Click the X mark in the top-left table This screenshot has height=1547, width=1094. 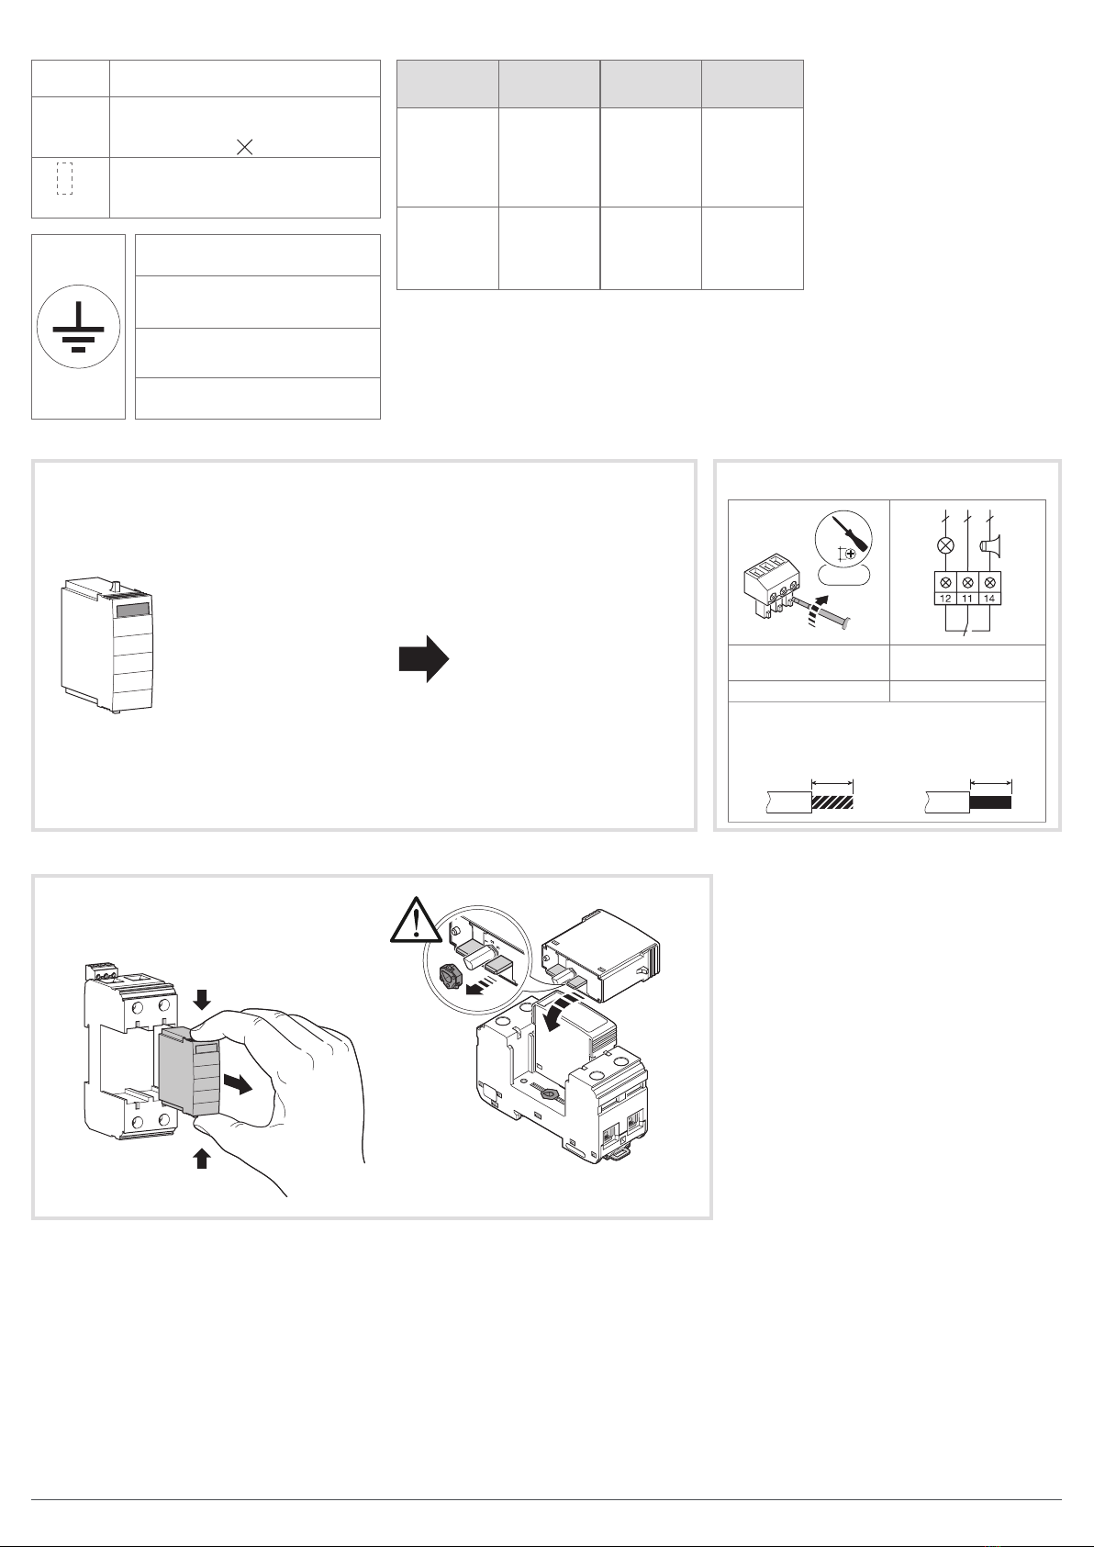(244, 146)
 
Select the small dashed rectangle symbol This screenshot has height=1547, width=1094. (64, 178)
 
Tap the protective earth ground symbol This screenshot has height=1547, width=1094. (78, 326)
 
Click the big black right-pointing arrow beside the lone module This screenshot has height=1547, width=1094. (424, 659)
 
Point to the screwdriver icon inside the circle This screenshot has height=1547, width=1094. (850, 531)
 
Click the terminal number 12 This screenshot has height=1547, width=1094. (945, 599)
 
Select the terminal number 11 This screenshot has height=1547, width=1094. (967, 599)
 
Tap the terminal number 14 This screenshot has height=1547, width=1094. (989, 599)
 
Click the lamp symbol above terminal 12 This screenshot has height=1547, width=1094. (945, 545)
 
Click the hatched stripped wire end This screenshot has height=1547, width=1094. (832, 802)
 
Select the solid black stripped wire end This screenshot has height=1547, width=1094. (990, 802)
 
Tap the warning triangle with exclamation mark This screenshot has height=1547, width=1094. (416, 921)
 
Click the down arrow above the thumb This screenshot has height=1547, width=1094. (202, 999)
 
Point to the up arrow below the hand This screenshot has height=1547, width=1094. (202, 1158)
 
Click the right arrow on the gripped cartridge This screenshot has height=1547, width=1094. (238, 1084)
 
